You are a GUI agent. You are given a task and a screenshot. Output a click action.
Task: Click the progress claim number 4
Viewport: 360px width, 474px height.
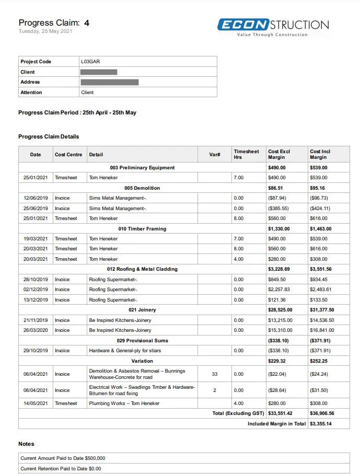tap(87, 23)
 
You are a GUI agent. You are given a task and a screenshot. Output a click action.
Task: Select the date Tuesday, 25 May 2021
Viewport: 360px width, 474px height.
tap(45, 31)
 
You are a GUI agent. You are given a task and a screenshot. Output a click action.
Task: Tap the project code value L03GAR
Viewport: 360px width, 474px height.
tap(90, 62)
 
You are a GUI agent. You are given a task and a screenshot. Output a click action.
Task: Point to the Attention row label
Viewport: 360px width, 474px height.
tap(31, 93)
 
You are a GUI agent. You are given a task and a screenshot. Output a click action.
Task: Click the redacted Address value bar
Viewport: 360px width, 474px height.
tap(110, 82)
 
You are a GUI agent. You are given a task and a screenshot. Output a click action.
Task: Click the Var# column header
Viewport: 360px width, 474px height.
tap(215, 155)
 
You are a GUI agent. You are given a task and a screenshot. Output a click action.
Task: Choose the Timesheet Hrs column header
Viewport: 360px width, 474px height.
tap(246, 154)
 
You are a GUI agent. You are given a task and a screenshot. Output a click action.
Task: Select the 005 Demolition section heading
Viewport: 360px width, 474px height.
tap(142, 188)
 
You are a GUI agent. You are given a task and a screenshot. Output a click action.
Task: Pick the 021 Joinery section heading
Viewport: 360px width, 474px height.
tap(142, 310)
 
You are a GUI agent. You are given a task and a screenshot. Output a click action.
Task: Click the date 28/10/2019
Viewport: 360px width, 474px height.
tap(36, 280)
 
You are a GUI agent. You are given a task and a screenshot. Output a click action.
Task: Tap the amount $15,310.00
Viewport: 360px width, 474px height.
tap(280, 330)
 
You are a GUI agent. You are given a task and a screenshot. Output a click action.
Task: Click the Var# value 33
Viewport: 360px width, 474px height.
tap(215, 374)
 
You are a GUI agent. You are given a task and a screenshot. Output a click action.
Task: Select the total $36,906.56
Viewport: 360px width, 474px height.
tap(322, 413)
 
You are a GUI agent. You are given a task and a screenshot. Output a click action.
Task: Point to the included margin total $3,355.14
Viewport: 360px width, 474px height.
tap(320, 424)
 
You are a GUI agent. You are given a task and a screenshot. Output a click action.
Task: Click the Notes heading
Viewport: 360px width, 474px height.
tap(26, 444)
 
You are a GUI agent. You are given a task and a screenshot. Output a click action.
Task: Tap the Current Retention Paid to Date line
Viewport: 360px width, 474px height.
tap(61, 469)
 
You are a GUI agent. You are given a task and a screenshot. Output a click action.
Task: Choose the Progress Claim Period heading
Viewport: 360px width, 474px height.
tap(77, 112)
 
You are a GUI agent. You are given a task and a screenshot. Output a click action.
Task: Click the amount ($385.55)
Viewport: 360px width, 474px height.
tap(277, 209)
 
